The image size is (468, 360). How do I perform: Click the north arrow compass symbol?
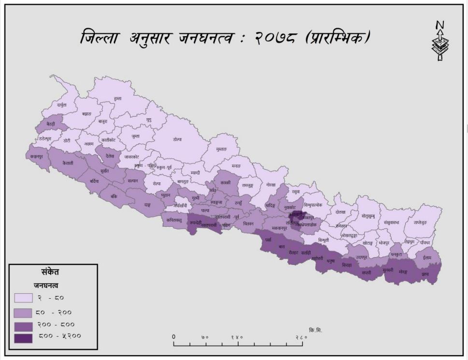point(440,41)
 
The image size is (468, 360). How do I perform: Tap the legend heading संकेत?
point(50,272)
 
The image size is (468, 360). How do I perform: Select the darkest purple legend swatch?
point(23,338)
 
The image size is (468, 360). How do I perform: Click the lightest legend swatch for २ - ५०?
point(23,298)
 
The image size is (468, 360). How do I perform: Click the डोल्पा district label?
point(177,139)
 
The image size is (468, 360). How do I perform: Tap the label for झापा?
point(425,273)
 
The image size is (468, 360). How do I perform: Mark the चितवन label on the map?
point(248,223)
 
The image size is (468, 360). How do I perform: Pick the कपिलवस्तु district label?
point(174,220)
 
